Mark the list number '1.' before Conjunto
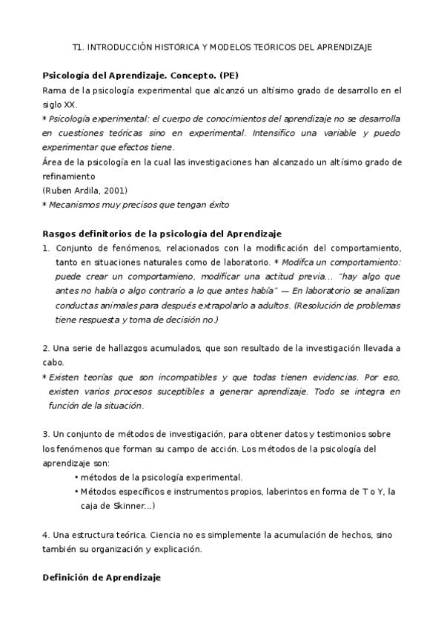click(x=46, y=248)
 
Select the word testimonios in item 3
click(x=325, y=434)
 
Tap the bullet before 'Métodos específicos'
click(x=77, y=492)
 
